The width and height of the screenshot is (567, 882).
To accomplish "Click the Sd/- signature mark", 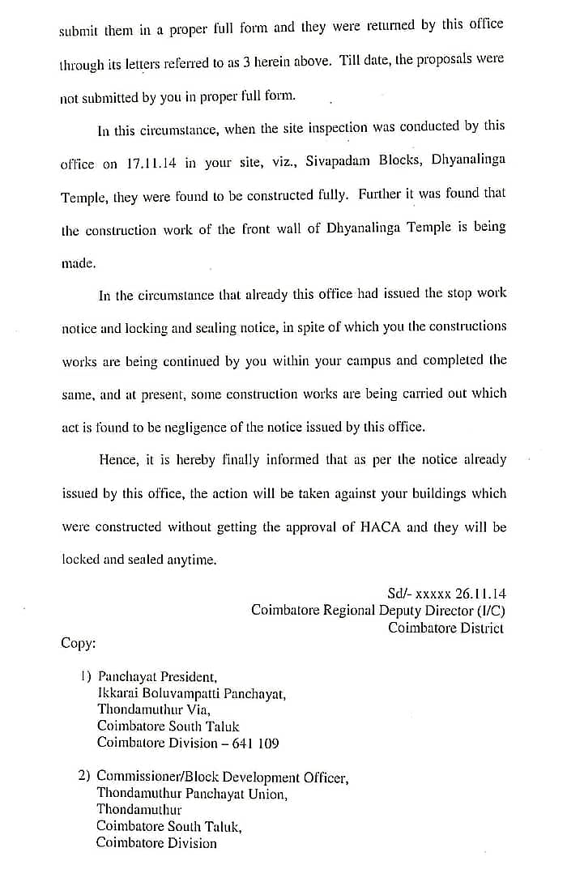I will coord(400,594).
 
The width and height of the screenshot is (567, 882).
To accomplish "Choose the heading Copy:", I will coord(79,643).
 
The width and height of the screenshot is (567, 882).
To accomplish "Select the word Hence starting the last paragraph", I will coord(118,459).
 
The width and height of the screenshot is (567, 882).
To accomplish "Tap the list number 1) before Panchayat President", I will coord(85,675).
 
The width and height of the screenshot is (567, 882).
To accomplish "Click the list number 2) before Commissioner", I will coord(84,775).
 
